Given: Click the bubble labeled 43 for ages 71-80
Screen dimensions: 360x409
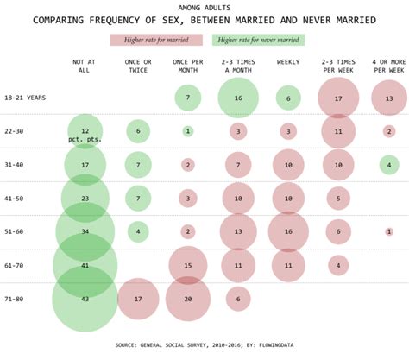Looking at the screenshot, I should click(85, 298).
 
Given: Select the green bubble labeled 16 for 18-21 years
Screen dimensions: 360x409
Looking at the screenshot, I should click(239, 98).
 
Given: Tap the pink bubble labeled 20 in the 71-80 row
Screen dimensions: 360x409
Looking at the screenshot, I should click(188, 298).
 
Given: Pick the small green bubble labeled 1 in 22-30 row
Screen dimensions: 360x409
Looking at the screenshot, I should click(188, 131).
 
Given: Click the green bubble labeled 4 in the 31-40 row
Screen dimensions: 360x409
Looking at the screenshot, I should click(388, 165).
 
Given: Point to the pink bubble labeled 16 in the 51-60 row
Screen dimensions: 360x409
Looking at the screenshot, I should click(288, 231).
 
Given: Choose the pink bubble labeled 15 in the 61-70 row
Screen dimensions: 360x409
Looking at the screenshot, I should click(188, 265).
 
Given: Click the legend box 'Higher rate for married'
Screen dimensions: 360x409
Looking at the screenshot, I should click(156, 39).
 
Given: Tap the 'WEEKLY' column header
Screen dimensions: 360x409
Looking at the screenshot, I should click(288, 62).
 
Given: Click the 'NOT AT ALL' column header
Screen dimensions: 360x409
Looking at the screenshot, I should click(85, 66).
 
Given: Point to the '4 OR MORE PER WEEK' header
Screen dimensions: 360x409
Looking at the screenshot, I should click(387, 66).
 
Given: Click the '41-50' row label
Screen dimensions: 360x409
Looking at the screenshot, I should click(15, 198).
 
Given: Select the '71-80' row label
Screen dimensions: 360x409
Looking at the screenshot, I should click(15, 298).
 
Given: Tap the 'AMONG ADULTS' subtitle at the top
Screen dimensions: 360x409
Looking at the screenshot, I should click(204, 6).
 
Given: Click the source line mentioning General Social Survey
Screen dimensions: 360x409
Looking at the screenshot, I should click(204, 344).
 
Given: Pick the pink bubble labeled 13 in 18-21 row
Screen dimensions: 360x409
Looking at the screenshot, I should click(388, 98).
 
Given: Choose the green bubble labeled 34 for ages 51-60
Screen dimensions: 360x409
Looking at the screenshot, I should click(85, 231).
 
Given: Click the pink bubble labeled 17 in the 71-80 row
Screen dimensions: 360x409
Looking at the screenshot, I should click(138, 298).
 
